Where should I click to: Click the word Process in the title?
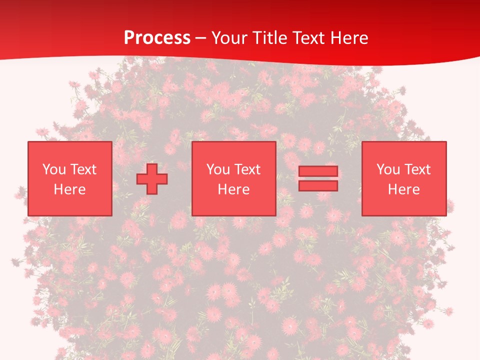157,38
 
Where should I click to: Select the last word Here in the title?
350,38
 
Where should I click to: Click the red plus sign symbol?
152,178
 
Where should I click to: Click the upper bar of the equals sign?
318,171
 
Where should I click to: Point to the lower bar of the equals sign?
318,185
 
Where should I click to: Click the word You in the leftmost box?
54,169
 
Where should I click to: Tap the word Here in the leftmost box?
70,189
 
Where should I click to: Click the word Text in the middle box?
247,169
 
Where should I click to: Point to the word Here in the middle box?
234,189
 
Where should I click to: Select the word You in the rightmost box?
388,169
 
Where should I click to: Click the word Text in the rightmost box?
417,169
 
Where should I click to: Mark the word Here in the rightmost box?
404,189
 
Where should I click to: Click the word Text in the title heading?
310,38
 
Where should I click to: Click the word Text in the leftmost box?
83,169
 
